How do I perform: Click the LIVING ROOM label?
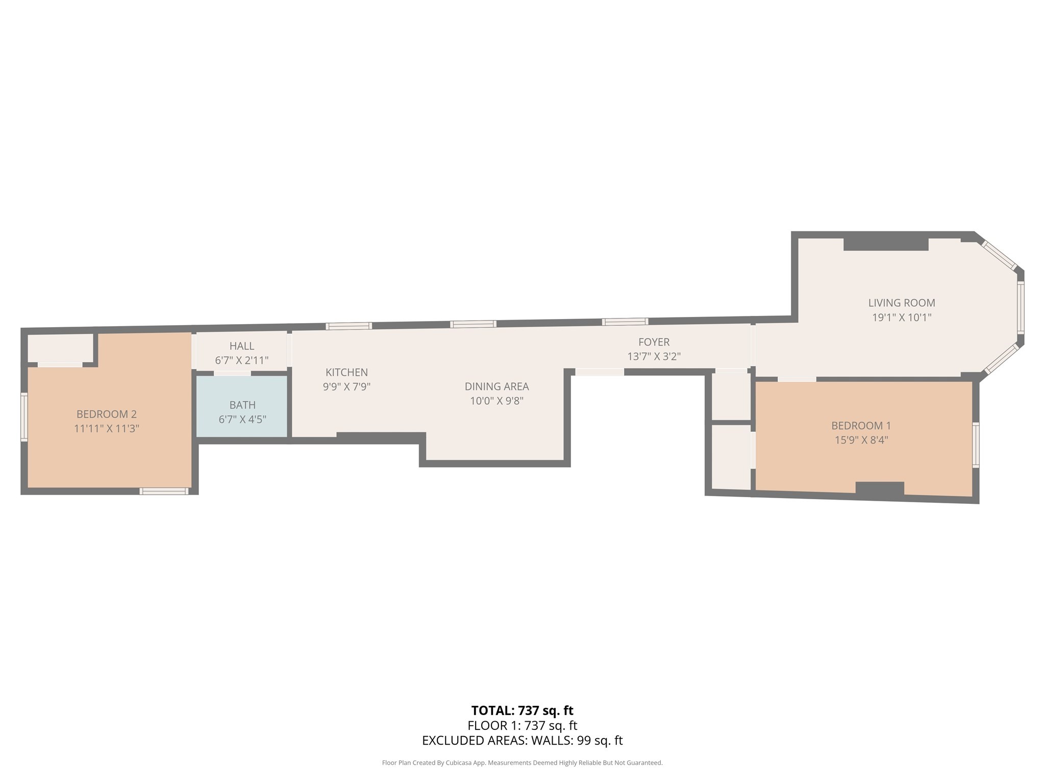click(902, 303)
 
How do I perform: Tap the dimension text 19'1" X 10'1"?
click(902, 317)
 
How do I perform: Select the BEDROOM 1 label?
click(861, 425)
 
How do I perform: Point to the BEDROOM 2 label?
click(107, 414)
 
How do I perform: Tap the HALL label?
click(242, 346)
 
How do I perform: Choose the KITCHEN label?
click(346, 372)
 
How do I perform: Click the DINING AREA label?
click(496, 386)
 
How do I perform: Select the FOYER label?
click(654, 342)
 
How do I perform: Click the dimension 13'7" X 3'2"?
click(654, 357)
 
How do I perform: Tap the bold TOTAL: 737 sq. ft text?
click(522, 710)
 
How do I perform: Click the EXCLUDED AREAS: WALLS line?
click(522, 741)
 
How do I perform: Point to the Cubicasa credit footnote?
click(522, 763)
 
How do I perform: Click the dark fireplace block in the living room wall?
click(886, 244)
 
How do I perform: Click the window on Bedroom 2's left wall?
click(24, 416)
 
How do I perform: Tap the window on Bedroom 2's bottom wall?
click(164, 491)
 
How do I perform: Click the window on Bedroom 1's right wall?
click(976, 445)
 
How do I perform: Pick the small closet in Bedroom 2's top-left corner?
click(60, 348)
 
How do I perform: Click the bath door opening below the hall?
click(232, 373)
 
